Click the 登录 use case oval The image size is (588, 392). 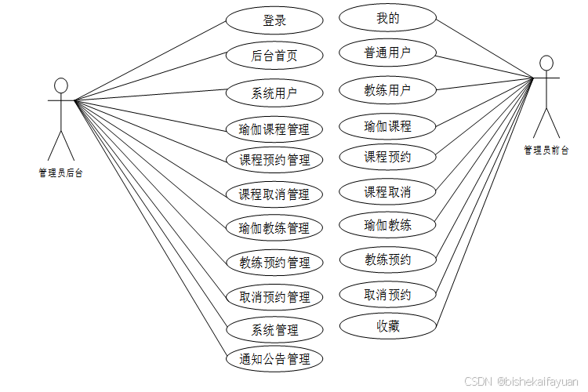coord(274,21)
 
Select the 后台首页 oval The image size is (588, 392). coord(274,56)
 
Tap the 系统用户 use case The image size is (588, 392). coord(274,93)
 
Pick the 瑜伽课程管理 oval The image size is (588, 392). coord(274,129)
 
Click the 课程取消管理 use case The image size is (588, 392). coord(274,194)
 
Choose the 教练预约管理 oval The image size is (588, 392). coord(274,262)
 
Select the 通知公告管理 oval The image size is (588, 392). coord(274,359)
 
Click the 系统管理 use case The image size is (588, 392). coord(274,328)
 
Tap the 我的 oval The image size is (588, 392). coord(387,18)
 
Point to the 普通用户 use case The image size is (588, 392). coord(387,53)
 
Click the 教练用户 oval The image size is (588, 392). coord(387,89)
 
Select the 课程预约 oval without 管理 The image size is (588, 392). coord(387,157)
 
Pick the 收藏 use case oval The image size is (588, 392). coord(387,325)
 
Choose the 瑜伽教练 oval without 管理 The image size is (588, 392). coord(387,226)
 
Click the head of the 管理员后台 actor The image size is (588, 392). coord(61,85)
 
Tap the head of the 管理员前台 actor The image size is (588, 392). coord(546,63)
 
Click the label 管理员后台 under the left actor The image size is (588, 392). coord(60,173)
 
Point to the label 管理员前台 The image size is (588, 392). coord(546,150)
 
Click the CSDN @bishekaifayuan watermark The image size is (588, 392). coord(521,381)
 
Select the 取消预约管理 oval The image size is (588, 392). coord(274,297)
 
